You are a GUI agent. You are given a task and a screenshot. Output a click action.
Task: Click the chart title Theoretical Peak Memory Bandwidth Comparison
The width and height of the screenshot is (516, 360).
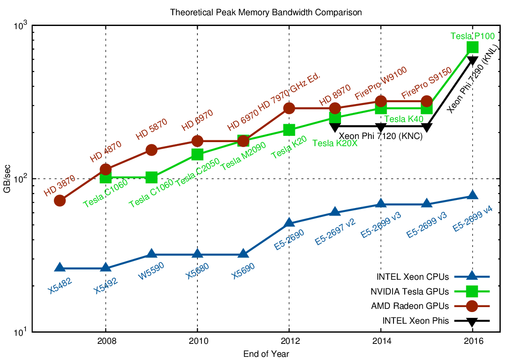266,13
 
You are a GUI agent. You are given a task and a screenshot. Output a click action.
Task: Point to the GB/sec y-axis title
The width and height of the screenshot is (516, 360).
8,179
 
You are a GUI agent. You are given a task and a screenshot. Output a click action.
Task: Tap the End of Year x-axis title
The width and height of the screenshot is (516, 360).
266,354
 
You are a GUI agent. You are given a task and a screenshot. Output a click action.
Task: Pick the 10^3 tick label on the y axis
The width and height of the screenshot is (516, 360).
20,26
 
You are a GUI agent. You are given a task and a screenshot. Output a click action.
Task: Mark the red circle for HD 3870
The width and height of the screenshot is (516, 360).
60,200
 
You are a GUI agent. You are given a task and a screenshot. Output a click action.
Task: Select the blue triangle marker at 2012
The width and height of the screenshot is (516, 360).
289,223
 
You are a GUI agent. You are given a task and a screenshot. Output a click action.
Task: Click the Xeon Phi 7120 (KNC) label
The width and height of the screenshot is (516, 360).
380,136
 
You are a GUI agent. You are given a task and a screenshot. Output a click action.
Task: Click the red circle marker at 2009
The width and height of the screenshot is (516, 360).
152,150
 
